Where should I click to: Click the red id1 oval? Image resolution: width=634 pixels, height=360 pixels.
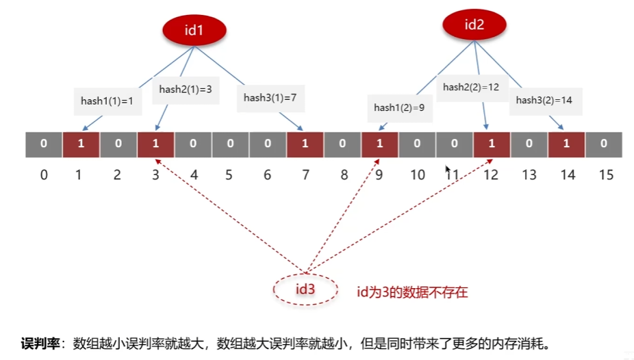click(194, 30)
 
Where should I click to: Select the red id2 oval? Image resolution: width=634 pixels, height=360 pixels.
click(474, 25)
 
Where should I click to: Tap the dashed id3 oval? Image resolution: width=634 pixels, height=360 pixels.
click(305, 290)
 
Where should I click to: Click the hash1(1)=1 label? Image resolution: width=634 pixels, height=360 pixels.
click(107, 101)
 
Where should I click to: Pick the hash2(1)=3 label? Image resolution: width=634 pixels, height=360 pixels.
click(186, 89)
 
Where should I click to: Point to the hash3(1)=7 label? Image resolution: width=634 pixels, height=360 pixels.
click(270, 98)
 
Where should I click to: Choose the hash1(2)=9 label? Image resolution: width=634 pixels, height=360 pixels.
click(399, 107)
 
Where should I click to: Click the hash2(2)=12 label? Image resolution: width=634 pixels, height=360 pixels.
click(470, 87)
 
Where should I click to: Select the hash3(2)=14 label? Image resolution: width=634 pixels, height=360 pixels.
click(544, 100)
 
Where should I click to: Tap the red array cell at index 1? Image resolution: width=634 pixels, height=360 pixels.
click(81, 144)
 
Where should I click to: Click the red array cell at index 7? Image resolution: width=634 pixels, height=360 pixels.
click(305, 144)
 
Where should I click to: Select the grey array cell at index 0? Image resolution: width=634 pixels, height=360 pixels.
click(44, 144)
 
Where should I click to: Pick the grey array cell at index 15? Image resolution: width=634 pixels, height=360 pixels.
click(603, 144)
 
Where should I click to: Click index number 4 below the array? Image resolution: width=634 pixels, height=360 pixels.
click(194, 175)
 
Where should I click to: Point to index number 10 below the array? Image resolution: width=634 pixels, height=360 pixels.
click(418, 175)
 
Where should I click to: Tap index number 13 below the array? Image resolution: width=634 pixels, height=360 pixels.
click(529, 175)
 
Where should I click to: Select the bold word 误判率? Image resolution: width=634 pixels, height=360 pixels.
click(42, 343)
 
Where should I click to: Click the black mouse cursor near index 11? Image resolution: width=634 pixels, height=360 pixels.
click(448, 169)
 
